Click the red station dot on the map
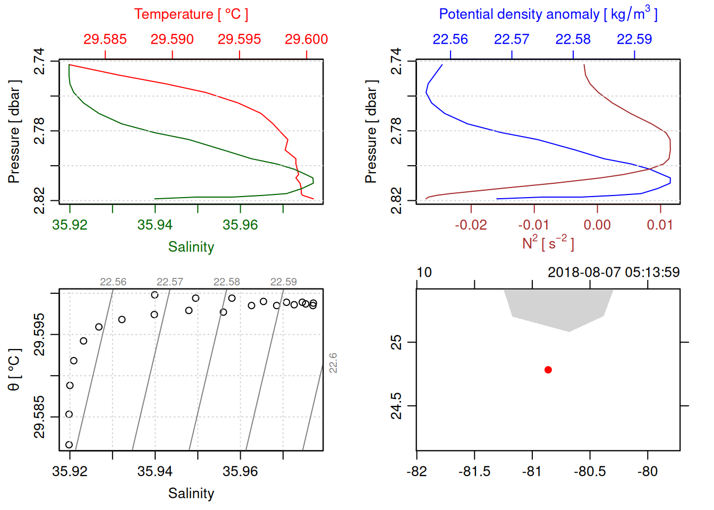(548, 370)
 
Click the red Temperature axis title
(191, 14)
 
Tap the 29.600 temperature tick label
(306, 39)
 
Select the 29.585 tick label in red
(105, 39)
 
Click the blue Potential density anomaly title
(548, 14)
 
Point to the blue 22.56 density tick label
(450, 39)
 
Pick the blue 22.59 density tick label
(634, 39)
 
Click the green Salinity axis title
(191, 247)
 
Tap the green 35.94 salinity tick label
(155, 225)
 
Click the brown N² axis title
(548, 243)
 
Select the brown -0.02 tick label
(471, 225)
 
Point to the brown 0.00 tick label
(597, 225)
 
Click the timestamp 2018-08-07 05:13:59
(614, 273)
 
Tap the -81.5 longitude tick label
(474, 472)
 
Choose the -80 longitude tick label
(648, 472)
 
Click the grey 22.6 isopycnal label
(333, 363)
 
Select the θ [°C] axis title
(14, 370)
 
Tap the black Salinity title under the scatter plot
(191, 494)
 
